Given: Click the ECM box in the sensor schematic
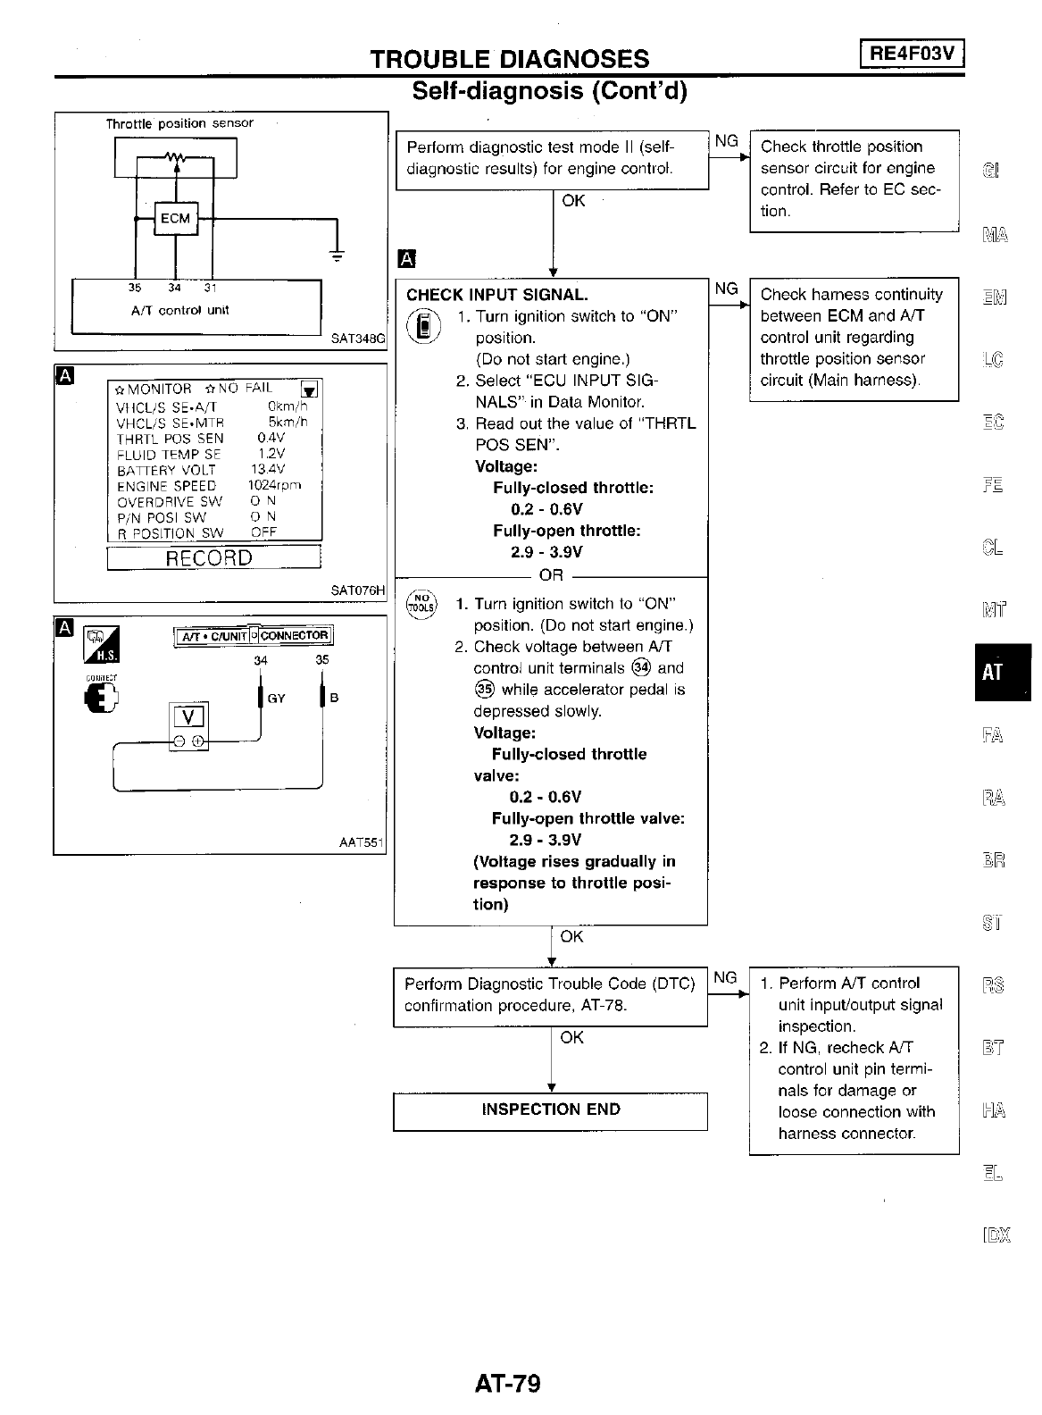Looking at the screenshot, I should [x=175, y=219].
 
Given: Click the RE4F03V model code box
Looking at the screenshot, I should [x=913, y=54].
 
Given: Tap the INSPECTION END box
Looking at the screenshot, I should [x=550, y=1110].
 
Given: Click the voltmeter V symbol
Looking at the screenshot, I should [x=188, y=716].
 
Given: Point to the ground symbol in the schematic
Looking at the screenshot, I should [x=338, y=256].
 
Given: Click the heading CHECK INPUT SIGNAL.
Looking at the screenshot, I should [x=496, y=295].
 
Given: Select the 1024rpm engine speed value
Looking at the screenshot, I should [x=274, y=486].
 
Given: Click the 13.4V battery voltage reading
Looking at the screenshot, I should [x=269, y=470].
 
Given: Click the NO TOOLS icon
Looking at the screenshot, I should [x=421, y=604].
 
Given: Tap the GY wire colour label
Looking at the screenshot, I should [x=276, y=699].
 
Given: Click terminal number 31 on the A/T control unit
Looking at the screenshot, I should [x=211, y=289].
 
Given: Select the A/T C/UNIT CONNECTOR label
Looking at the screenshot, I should [x=254, y=636].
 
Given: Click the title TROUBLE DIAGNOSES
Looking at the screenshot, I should [x=510, y=59].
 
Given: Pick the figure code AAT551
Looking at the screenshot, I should [x=361, y=842].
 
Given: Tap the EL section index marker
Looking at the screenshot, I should [x=993, y=1173].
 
